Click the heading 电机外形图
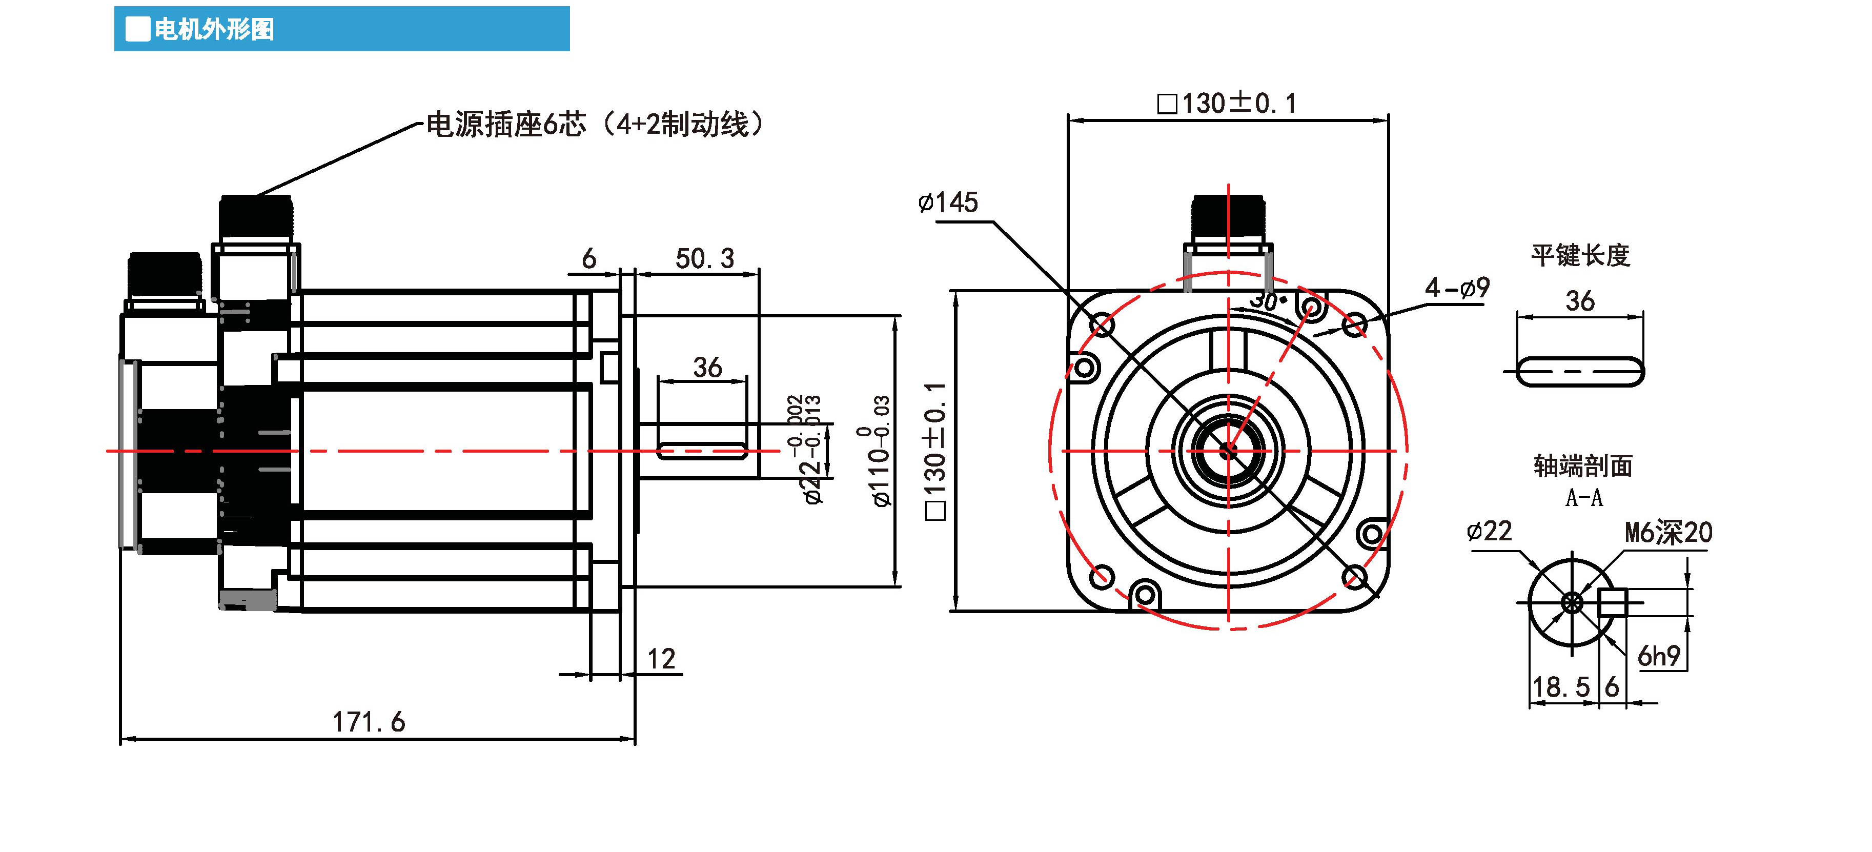click(x=214, y=30)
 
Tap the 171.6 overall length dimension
click(x=369, y=722)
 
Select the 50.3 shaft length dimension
click(x=704, y=258)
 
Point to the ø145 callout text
click(x=948, y=202)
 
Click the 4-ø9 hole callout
click(x=1456, y=288)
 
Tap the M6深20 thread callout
click(x=1668, y=533)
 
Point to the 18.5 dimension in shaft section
click(x=1560, y=687)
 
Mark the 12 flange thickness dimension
click(x=661, y=659)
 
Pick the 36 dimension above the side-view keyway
click(x=707, y=367)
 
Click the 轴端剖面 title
click(x=1583, y=466)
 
